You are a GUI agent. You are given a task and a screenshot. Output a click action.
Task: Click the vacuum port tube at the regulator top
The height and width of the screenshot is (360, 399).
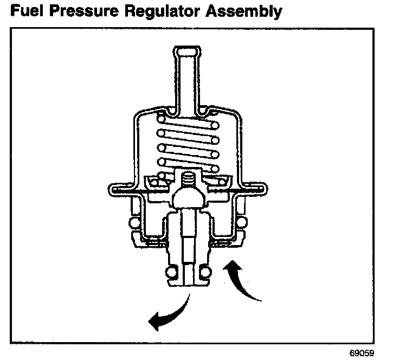coord(186,81)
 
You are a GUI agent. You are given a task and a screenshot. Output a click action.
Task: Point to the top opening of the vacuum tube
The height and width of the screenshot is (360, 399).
coord(186,50)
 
